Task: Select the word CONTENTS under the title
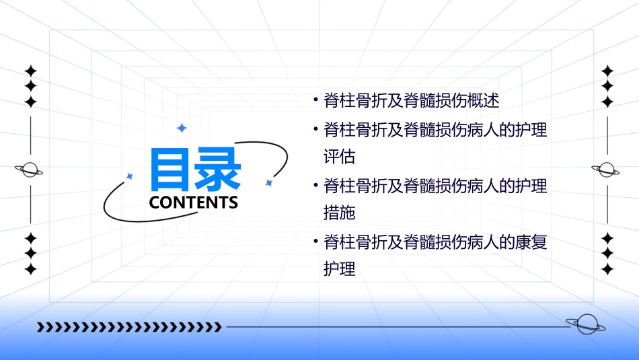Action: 194,202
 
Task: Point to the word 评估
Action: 339,157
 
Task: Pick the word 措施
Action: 339,213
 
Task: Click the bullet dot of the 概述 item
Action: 315,101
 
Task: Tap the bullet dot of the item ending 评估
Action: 315,129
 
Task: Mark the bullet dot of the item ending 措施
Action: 315,185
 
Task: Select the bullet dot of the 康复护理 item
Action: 315,242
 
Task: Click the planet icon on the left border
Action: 30,170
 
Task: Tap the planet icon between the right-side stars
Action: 607,170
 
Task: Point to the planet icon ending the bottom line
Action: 585,324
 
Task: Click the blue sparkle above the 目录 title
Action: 181,128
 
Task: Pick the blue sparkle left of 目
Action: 130,176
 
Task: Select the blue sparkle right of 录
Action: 268,182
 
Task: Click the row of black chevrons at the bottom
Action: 128,328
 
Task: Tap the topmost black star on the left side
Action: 30,71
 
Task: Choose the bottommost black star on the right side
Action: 607,269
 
